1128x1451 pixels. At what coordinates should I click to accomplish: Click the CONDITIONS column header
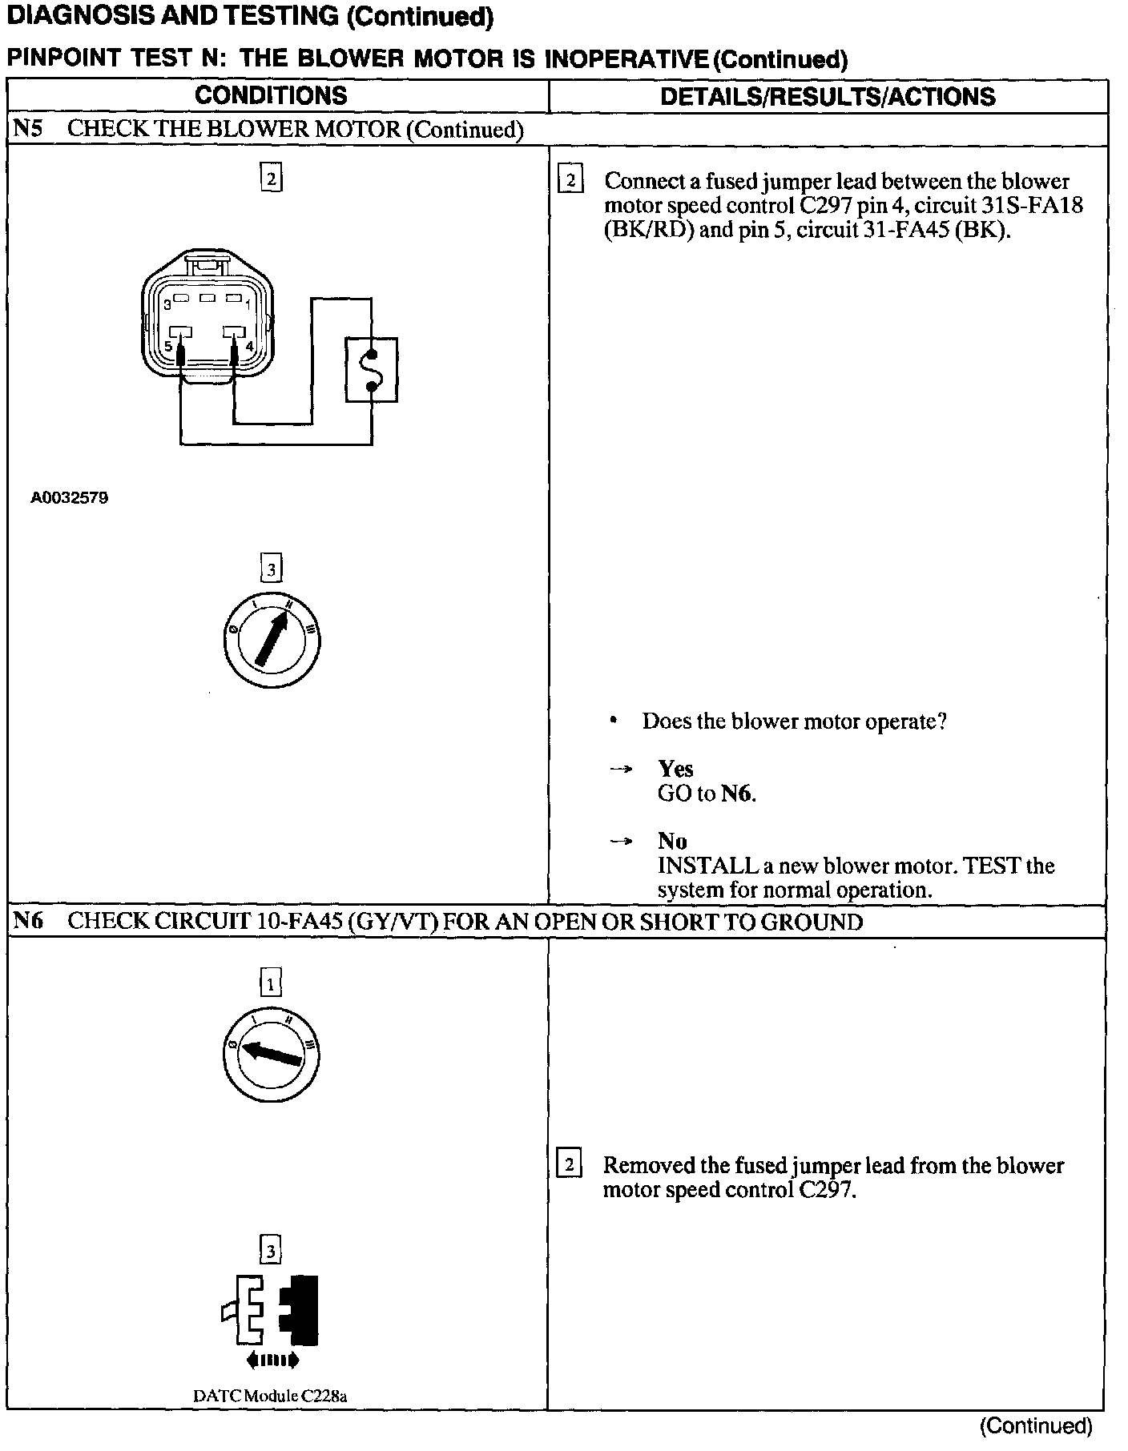[271, 96]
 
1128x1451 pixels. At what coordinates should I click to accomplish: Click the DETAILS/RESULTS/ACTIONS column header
[828, 97]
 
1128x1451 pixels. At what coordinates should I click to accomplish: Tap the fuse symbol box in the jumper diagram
[371, 370]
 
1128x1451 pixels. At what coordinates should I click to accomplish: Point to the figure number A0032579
[70, 498]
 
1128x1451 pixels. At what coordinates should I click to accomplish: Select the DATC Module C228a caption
[270, 1396]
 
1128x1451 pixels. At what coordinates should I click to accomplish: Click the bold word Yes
[675, 769]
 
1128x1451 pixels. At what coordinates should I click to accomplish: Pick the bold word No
[672, 841]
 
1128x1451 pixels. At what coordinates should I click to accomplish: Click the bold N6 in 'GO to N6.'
[737, 794]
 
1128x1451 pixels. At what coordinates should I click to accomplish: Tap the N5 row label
[27, 129]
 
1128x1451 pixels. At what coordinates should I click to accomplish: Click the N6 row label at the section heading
[27, 921]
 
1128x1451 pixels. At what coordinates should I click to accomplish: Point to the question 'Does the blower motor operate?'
[794, 721]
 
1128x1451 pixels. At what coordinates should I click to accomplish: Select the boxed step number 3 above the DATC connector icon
[271, 1250]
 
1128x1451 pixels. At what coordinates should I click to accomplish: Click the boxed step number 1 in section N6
[271, 983]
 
